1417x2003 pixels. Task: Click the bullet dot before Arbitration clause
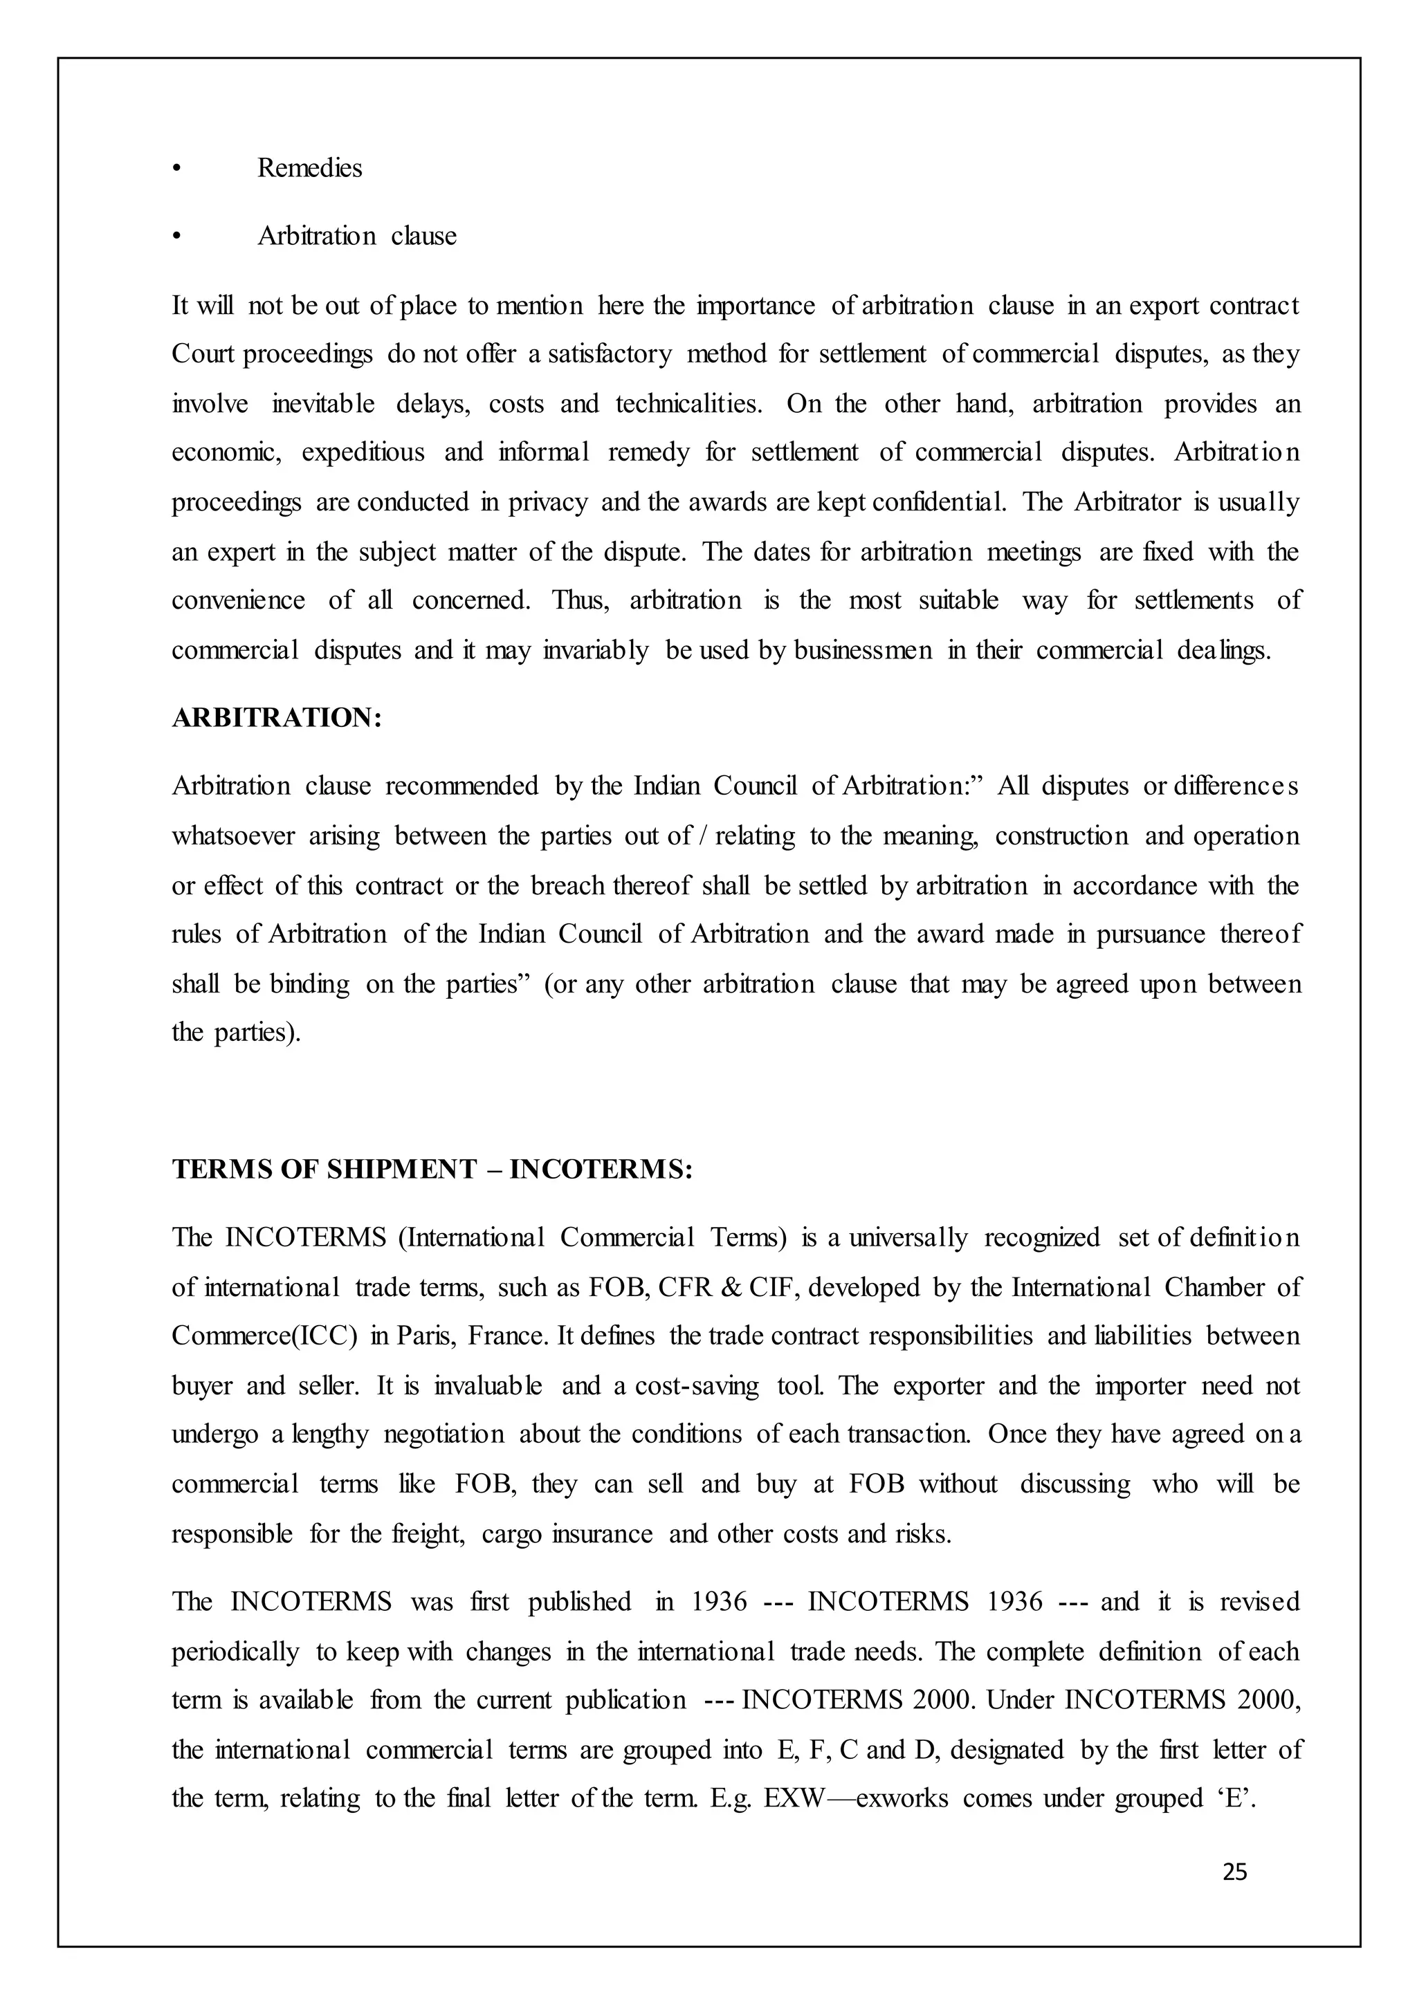(176, 237)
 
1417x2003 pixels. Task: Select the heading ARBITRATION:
(277, 718)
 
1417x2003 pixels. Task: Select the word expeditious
(363, 453)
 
